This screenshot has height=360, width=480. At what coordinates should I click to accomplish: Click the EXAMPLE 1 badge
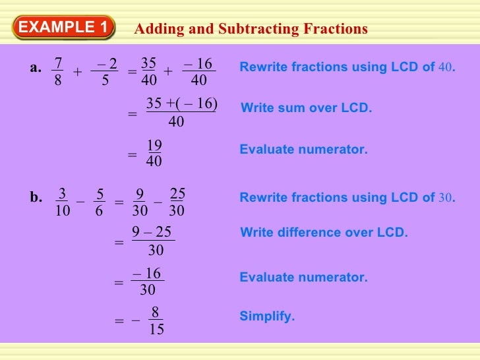(x=63, y=28)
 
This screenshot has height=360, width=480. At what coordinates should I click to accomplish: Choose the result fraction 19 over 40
(x=154, y=153)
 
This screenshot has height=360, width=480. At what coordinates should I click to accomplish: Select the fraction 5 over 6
(x=100, y=202)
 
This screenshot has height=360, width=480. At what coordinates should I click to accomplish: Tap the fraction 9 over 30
(x=139, y=202)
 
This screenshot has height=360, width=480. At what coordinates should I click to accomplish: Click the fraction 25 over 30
(x=177, y=202)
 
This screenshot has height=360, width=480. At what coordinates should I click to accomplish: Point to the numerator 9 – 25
(x=152, y=232)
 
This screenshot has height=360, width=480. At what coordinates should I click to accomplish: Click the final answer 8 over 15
(x=156, y=320)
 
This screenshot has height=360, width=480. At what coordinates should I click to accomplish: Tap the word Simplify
(x=267, y=316)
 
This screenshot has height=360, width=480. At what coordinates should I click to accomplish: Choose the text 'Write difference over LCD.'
(x=324, y=233)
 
